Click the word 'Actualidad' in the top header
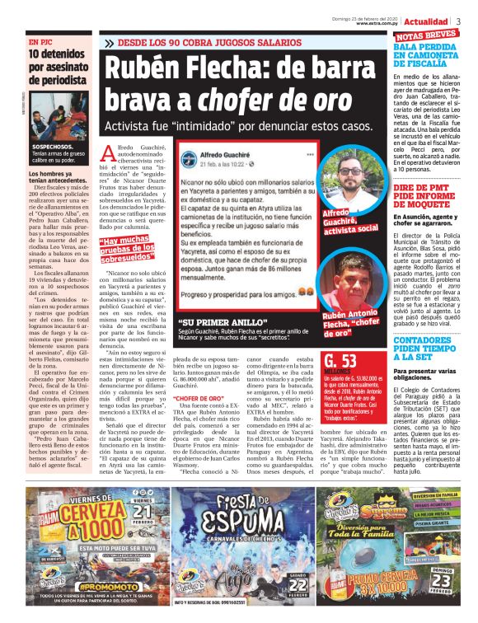[x=426, y=21]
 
